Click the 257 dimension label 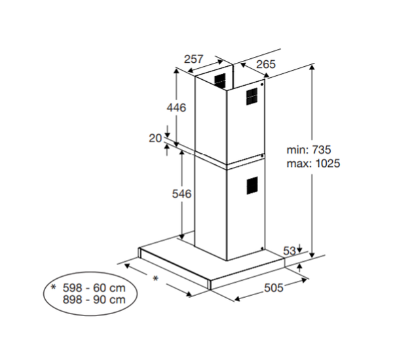click(x=193, y=59)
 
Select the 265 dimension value click(x=266, y=64)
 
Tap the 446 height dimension click(x=176, y=107)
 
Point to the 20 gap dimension click(x=155, y=138)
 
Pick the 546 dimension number click(x=181, y=194)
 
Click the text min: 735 click(x=309, y=150)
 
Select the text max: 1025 click(x=313, y=164)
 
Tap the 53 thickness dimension click(x=290, y=251)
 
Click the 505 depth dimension click(x=274, y=287)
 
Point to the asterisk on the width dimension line click(x=156, y=278)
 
